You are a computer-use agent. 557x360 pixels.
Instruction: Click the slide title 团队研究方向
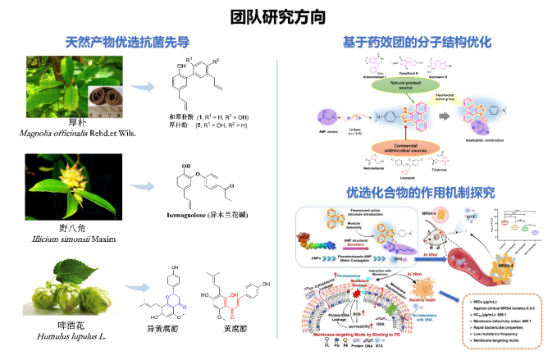coord(278,16)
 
